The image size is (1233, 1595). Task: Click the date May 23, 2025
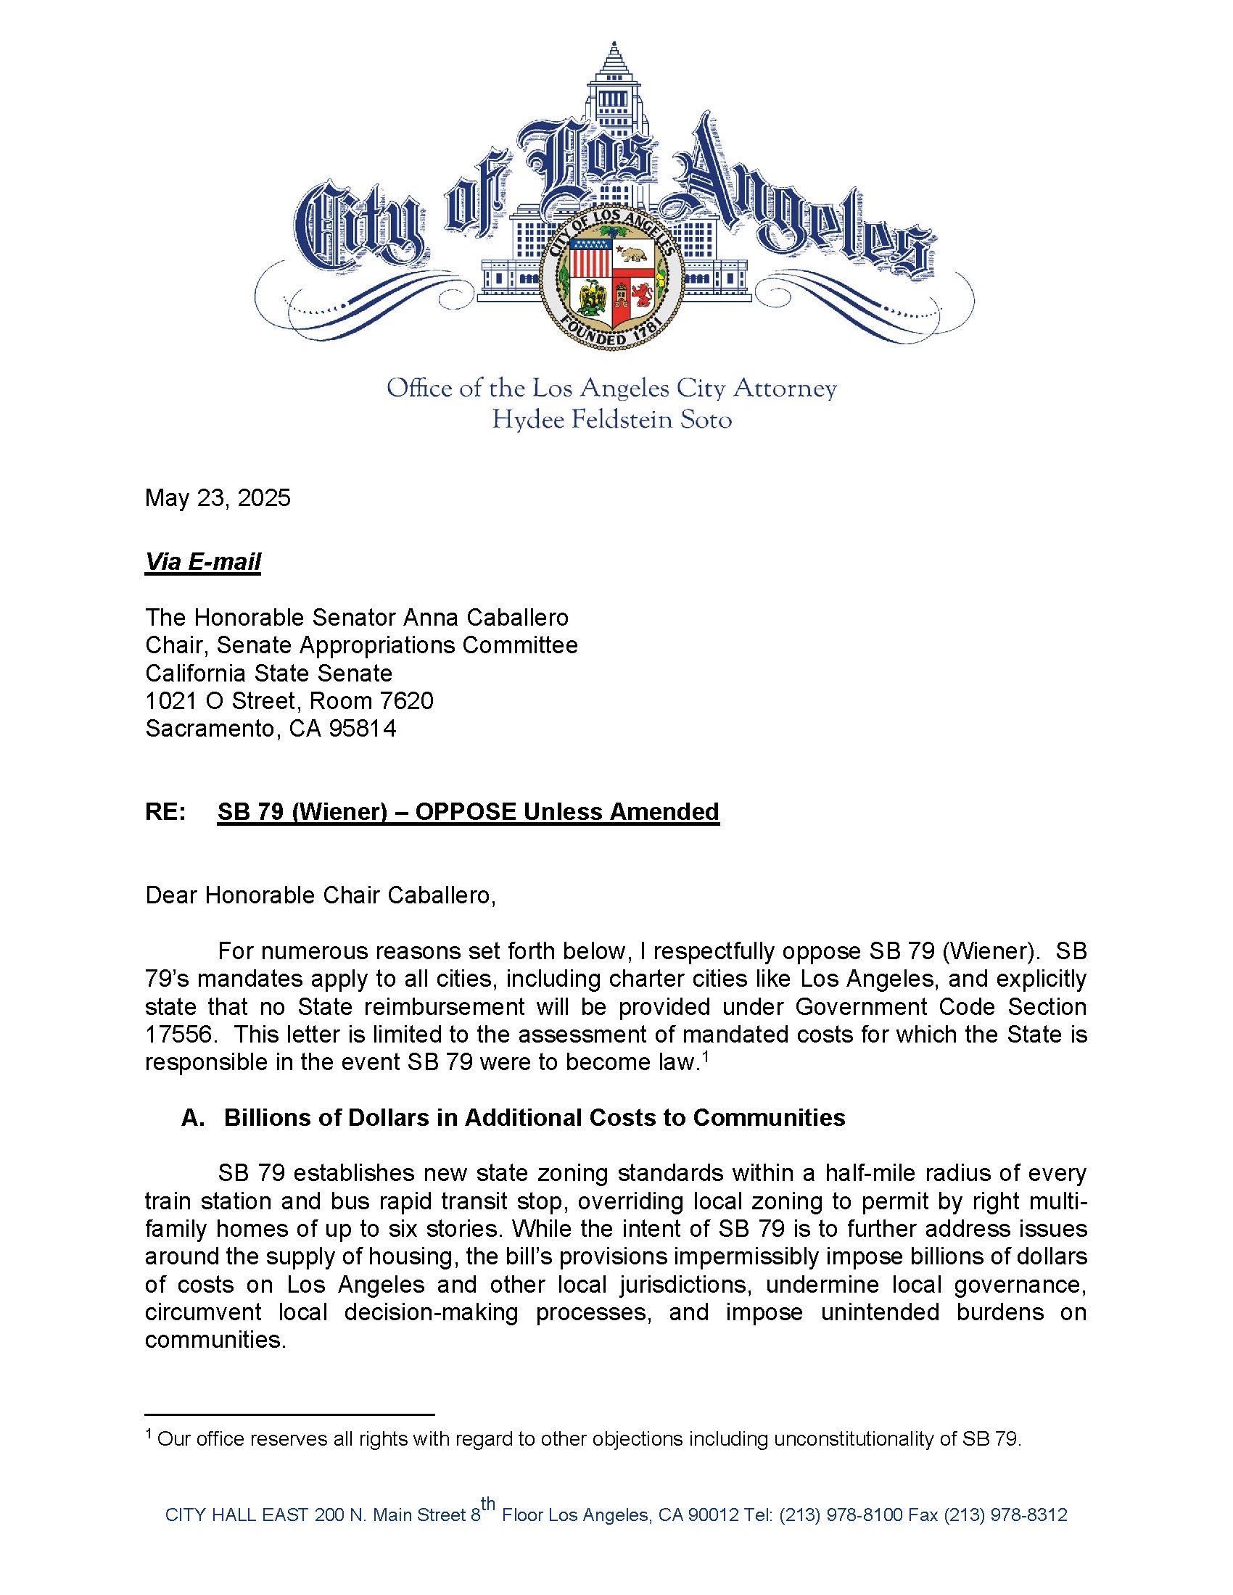point(218,498)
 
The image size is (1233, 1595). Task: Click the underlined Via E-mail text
point(202,562)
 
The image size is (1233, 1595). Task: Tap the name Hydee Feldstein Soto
point(612,420)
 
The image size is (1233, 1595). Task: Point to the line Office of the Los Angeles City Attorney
point(612,389)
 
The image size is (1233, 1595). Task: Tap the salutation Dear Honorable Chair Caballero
point(321,895)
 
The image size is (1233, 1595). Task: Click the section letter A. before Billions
point(193,1118)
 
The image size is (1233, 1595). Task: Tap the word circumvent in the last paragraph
point(203,1312)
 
